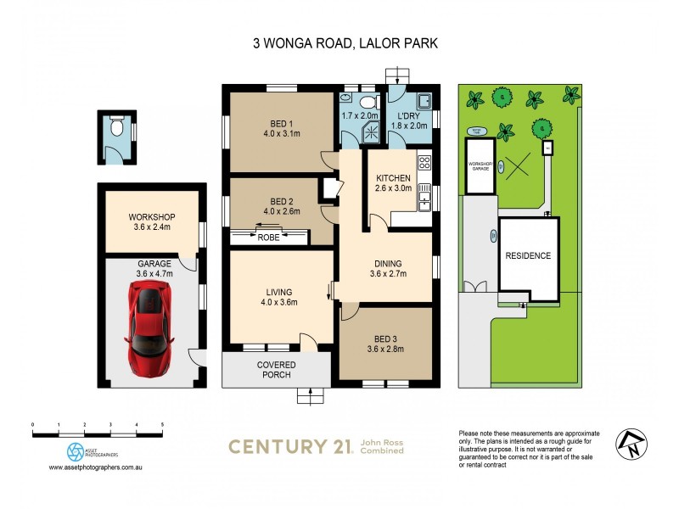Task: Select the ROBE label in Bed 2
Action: [x=268, y=238]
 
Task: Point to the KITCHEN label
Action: [x=394, y=178]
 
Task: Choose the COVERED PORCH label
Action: [x=276, y=370]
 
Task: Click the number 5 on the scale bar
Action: [x=162, y=423]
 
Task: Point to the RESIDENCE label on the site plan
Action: [x=528, y=255]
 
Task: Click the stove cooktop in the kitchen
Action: [x=425, y=162]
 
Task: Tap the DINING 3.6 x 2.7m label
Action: [x=388, y=268]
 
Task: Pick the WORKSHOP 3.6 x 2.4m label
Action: [x=151, y=222]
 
